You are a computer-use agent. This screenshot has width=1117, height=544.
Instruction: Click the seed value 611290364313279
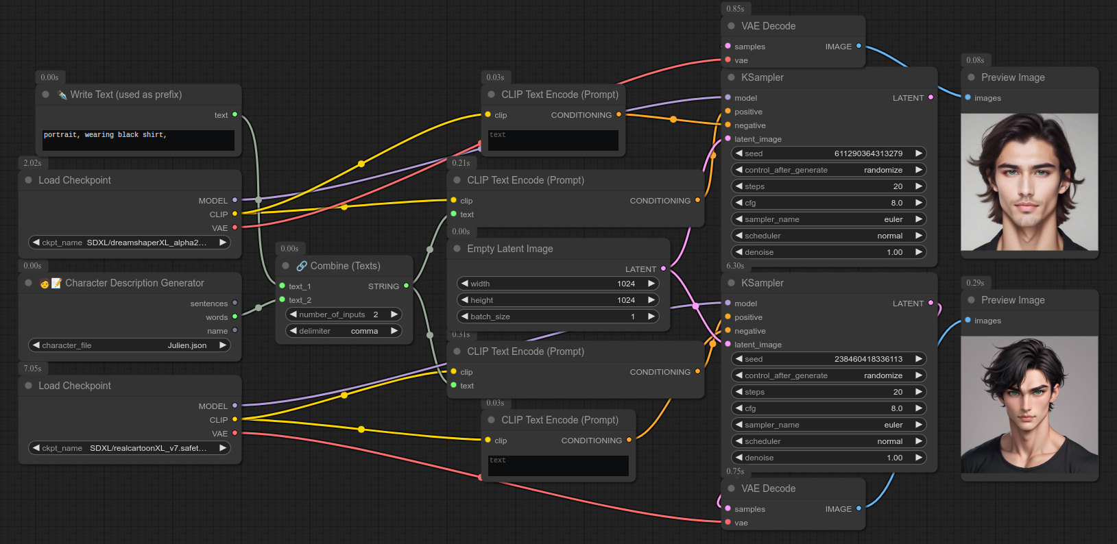868,153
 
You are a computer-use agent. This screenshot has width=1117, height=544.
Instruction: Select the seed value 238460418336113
868,359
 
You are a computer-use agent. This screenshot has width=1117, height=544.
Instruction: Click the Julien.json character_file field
130,345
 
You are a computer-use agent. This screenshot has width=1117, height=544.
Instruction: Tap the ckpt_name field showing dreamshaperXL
130,243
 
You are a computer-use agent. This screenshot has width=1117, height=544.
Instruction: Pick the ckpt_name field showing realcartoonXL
130,448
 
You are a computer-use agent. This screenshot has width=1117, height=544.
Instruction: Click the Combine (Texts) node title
345,266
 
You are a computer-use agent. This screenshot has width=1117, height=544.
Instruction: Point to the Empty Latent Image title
509,249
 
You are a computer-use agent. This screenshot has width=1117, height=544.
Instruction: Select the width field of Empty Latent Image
557,284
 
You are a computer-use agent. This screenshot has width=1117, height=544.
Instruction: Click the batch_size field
557,317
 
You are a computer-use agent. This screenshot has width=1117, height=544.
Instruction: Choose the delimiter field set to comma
344,331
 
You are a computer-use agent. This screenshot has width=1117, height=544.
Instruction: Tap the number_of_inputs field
344,314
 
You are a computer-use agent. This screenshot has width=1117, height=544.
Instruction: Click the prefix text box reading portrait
138,140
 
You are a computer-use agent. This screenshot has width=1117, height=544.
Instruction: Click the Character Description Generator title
134,283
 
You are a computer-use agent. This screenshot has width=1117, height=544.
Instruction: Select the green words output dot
235,317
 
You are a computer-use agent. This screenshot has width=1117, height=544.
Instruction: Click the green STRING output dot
407,286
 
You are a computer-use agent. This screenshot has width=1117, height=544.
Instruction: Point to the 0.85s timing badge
735,9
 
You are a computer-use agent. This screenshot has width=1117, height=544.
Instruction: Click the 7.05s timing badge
32,369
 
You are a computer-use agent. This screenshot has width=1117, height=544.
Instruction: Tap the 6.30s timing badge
735,266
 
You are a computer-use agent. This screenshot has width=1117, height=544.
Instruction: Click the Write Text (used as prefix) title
125,95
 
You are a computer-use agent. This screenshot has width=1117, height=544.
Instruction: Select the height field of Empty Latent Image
557,300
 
